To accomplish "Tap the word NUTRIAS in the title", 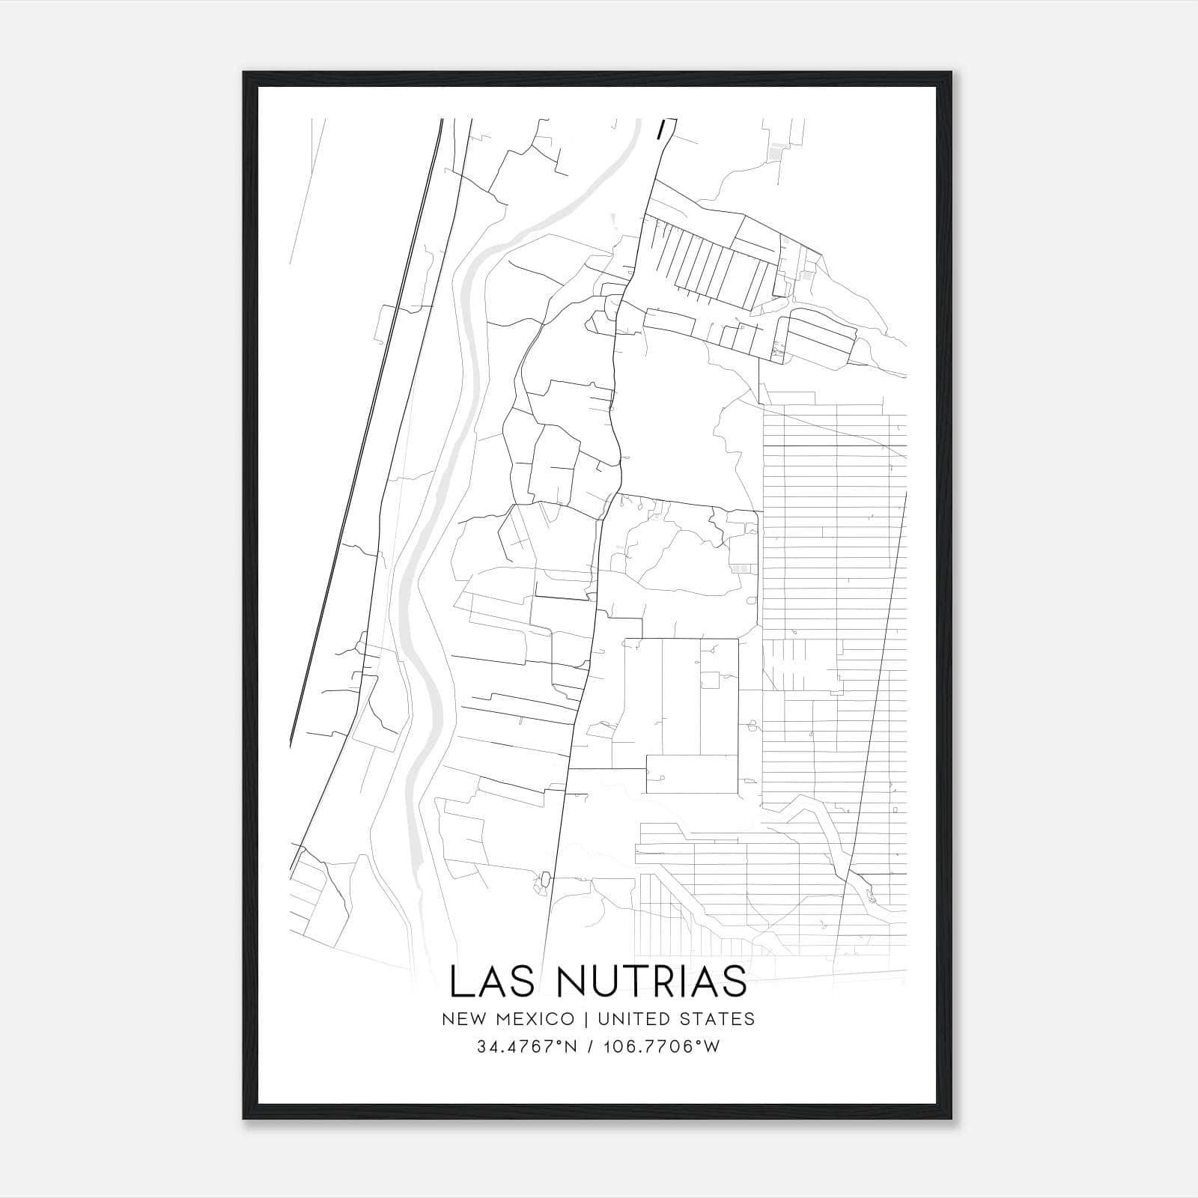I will click(x=653, y=982).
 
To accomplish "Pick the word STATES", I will click(x=720, y=1019).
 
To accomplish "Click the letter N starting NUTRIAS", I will click(x=575, y=982).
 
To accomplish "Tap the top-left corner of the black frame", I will click(x=244, y=73).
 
